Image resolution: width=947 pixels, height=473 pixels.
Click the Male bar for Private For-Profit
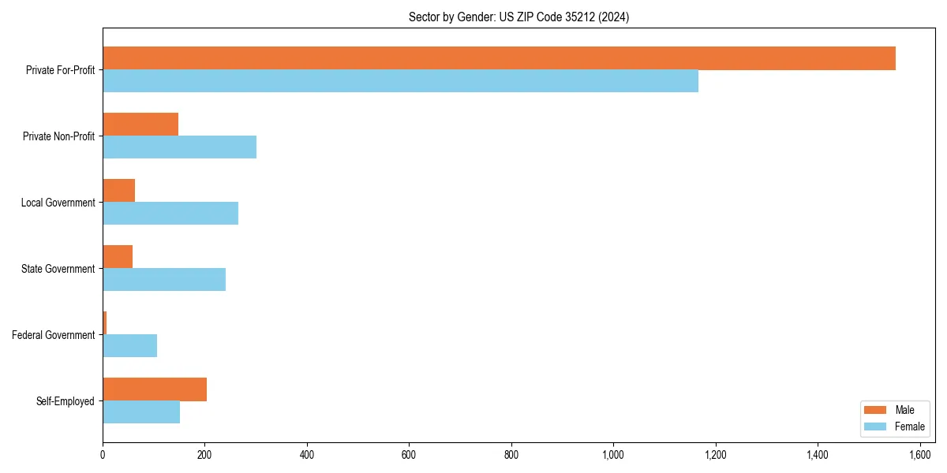point(499,58)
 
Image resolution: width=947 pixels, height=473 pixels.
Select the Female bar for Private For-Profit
point(400,81)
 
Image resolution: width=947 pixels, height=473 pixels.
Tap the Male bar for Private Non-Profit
point(140,125)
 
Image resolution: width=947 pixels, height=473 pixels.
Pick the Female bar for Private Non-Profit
point(179,147)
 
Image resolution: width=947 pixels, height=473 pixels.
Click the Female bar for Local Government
point(170,214)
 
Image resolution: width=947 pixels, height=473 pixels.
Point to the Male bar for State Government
point(118,257)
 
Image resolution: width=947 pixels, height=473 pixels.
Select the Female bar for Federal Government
point(129,345)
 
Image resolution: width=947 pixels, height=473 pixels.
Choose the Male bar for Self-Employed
point(155,389)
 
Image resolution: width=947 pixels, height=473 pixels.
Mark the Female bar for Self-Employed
point(141,412)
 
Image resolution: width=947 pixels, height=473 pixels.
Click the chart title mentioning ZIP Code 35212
point(518,17)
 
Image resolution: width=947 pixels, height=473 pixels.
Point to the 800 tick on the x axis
point(511,455)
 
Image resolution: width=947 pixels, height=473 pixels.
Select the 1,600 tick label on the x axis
point(919,455)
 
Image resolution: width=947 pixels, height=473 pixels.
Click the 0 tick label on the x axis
point(103,455)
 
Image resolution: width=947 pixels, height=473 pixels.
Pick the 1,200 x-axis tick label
point(715,455)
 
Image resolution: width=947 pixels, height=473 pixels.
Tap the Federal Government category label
point(54,335)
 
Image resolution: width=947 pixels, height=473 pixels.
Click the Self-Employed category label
point(66,401)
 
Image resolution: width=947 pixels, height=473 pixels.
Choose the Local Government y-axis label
point(58,203)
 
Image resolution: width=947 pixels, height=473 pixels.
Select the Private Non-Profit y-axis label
point(58,136)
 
